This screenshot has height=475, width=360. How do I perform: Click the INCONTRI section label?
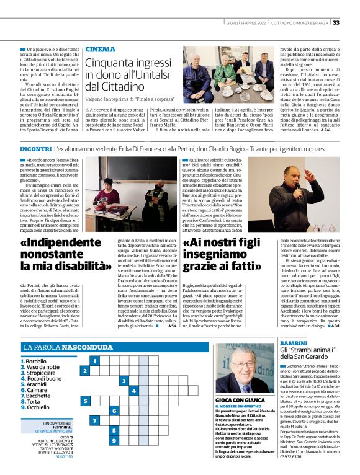pyautogui.click(x=36, y=149)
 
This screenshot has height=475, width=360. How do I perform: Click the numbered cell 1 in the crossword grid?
pyautogui.click(x=94, y=360)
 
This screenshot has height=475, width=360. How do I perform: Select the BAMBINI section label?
pyautogui.click(x=294, y=342)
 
